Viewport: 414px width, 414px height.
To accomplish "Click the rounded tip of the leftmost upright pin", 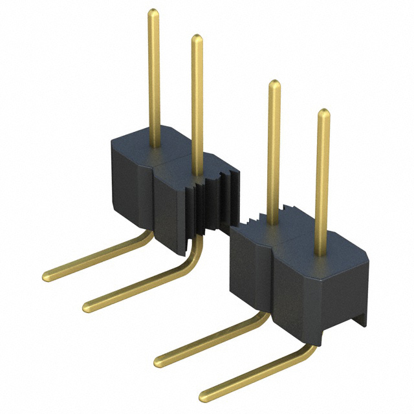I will click(153, 13).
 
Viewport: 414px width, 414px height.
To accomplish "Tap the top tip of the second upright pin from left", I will click(197, 39).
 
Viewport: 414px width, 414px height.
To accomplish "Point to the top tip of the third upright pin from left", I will click(274, 85).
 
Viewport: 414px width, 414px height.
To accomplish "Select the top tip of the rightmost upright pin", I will click(323, 114).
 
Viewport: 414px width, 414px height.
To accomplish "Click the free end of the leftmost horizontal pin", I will click(47, 276).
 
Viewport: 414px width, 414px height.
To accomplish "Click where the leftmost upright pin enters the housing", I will click(154, 146).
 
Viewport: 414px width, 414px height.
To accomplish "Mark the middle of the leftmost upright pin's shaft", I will click(154, 78).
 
